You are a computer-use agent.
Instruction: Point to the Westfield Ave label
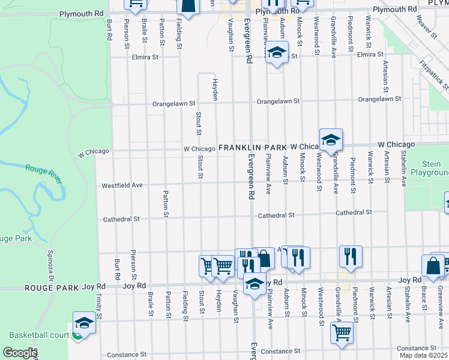click(122, 185)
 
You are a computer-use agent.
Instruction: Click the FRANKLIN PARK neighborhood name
click(253, 147)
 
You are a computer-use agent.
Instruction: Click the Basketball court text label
click(39, 335)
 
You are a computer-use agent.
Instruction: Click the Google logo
click(20, 353)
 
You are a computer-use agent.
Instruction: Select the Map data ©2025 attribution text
click(424, 355)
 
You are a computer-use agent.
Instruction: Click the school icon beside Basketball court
click(84, 323)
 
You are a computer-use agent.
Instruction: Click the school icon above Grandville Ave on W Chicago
click(330, 140)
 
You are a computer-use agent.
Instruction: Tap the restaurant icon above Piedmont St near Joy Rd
click(351, 256)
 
